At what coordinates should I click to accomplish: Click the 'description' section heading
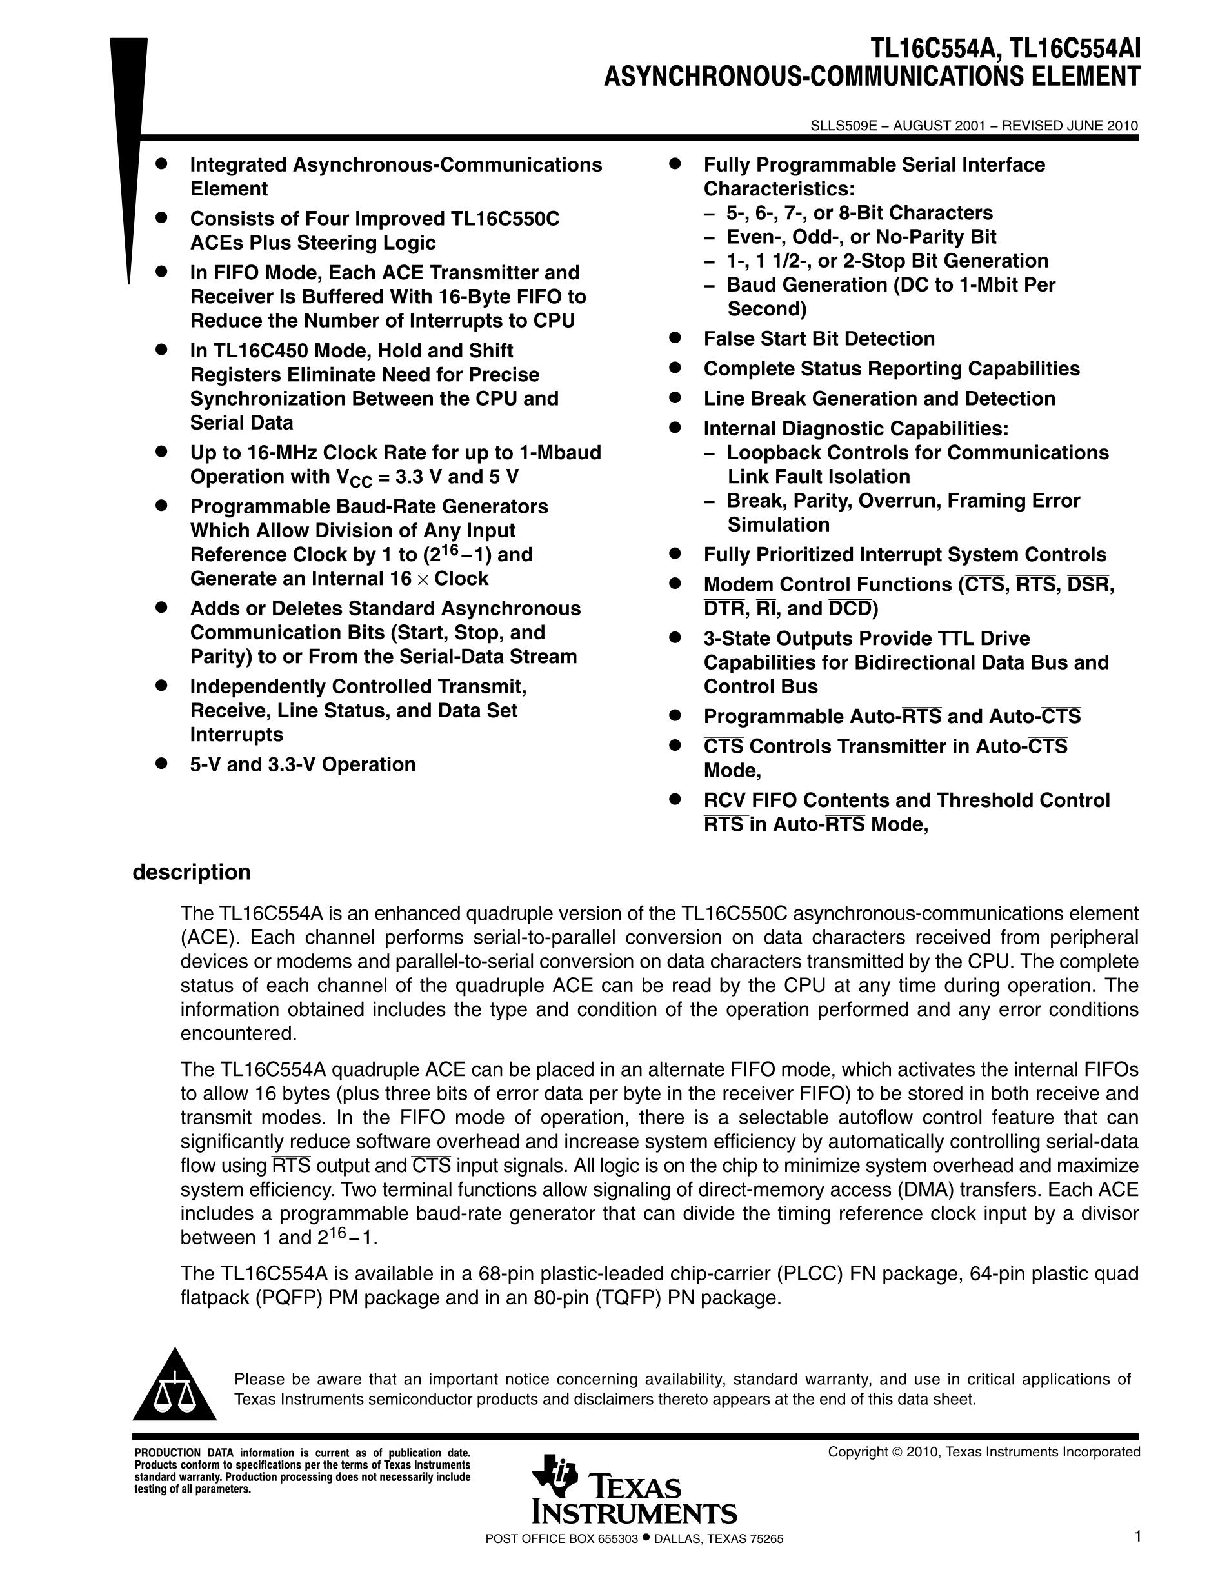tap(192, 872)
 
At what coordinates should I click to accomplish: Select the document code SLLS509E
tap(841, 125)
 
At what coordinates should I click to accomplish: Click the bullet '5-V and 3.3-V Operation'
tap(303, 764)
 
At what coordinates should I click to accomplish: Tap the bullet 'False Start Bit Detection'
tap(819, 339)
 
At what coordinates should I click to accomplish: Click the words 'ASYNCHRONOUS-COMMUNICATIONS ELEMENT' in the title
tap(872, 77)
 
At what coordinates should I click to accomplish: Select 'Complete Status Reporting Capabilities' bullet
tap(891, 368)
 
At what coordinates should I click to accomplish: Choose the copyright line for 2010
tap(984, 1453)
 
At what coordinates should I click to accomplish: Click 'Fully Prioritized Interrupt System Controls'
tap(904, 555)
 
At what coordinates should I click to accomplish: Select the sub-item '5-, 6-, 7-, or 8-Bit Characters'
tap(859, 213)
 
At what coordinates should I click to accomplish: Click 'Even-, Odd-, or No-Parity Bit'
tap(861, 237)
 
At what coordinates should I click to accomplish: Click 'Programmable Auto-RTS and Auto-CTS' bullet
tap(892, 717)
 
